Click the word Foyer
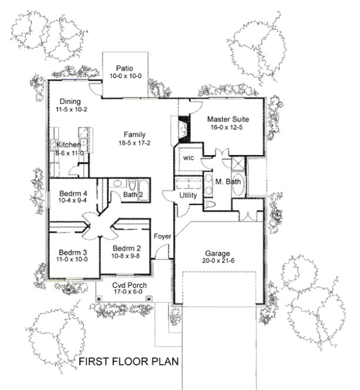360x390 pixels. click(x=163, y=236)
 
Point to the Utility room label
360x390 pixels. click(x=188, y=195)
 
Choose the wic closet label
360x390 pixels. click(x=189, y=158)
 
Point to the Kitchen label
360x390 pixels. click(x=69, y=145)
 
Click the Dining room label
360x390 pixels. click(x=69, y=101)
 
